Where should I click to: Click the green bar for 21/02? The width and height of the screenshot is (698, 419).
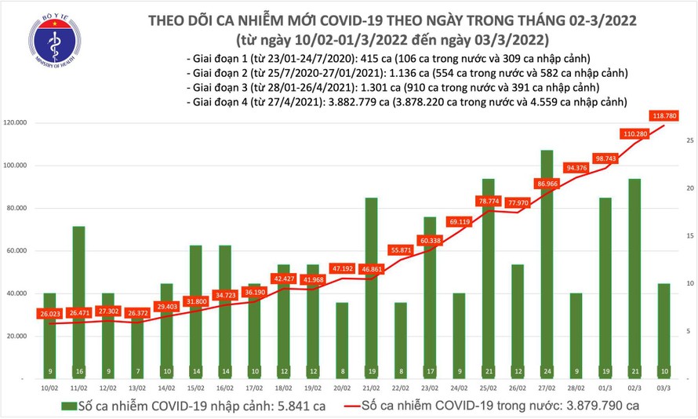[x=370, y=282]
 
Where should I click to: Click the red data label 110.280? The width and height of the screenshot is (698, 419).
[x=634, y=133]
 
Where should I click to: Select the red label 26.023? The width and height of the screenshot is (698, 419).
[x=49, y=315]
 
